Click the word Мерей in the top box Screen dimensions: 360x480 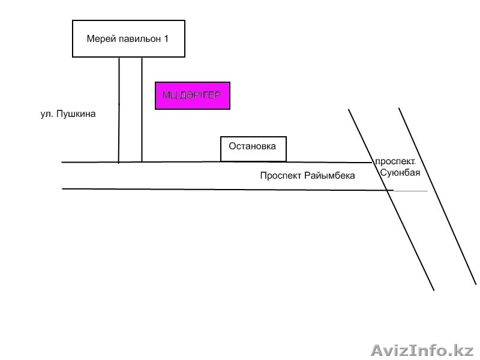coord(99,39)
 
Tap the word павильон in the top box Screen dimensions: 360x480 coord(137,39)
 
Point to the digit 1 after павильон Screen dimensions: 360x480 coord(166,39)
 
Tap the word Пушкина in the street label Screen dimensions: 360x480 coord(76,113)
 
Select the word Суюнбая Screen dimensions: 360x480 coord(400,173)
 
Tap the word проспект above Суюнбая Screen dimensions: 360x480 coord(395,162)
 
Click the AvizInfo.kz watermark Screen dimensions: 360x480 coord(423,349)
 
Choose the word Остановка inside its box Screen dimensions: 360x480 coord(253,146)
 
